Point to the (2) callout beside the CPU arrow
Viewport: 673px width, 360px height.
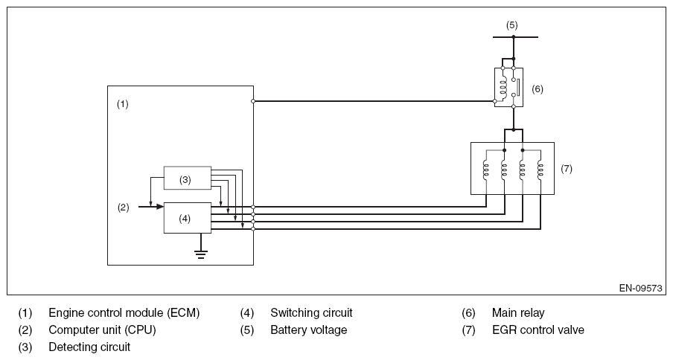point(124,208)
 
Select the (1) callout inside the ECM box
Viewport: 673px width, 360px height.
point(123,104)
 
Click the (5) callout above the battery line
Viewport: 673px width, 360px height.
point(511,25)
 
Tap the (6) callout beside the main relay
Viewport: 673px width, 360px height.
point(538,89)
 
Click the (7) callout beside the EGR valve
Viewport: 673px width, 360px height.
point(566,169)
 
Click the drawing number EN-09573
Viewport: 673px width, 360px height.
point(640,289)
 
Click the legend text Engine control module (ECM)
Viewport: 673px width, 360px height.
point(124,313)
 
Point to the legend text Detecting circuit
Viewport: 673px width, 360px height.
point(89,347)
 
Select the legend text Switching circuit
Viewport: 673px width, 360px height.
point(311,313)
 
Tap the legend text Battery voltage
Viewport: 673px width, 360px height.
point(308,330)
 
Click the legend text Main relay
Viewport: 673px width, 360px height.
point(518,313)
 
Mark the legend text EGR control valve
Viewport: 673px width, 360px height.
point(538,330)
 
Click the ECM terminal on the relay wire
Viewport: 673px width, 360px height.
point(254,101)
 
